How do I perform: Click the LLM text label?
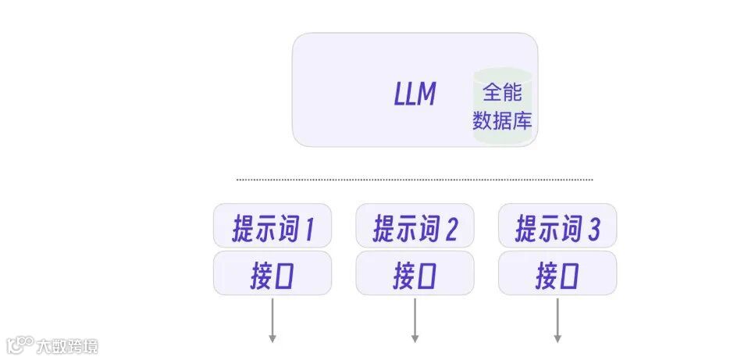(415, 94)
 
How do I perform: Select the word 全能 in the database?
(502, 93)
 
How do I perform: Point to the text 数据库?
(502, 121)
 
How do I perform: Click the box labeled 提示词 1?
(272, 227)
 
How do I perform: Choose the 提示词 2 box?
(415, 227)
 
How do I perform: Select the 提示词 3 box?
(557, 227)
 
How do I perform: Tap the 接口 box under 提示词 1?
(272, 273)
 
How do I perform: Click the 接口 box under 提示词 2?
(415, 273)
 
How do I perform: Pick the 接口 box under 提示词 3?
(557, 273)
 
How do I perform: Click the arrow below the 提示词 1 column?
(272, 318)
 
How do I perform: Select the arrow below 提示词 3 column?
(557, 318)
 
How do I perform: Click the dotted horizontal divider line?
(415, 180)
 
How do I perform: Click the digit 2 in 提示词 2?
(451, 229)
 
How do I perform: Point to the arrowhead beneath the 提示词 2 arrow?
(415, 338)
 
